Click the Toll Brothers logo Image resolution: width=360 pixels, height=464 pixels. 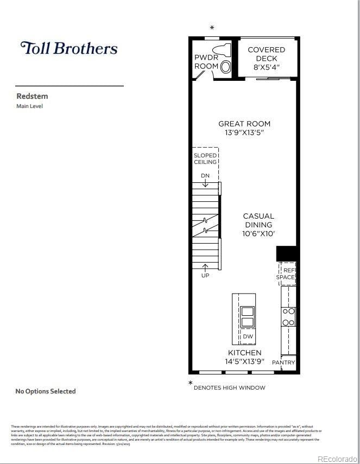68,48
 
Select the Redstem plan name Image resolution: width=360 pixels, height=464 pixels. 32,96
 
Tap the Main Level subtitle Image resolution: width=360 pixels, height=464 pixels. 29,106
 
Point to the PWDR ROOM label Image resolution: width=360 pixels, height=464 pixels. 206,62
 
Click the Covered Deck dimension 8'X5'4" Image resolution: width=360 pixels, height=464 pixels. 266,67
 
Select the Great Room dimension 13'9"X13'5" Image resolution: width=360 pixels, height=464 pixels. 244,132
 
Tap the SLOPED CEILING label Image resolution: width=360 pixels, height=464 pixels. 205,158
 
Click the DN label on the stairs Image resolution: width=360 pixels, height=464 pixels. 205,176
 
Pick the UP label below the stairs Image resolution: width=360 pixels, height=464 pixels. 205,275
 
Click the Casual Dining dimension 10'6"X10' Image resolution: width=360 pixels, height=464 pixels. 258,233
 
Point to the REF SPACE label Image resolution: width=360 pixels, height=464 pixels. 286,274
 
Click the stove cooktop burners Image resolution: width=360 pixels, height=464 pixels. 288,317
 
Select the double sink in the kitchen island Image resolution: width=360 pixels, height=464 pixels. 247,316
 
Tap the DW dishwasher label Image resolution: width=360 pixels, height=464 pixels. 248,336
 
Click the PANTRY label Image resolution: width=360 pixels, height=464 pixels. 283,363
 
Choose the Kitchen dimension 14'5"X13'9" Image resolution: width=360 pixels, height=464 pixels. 244,361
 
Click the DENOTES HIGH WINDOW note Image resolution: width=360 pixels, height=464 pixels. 229,387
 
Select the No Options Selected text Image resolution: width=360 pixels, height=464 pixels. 46,391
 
